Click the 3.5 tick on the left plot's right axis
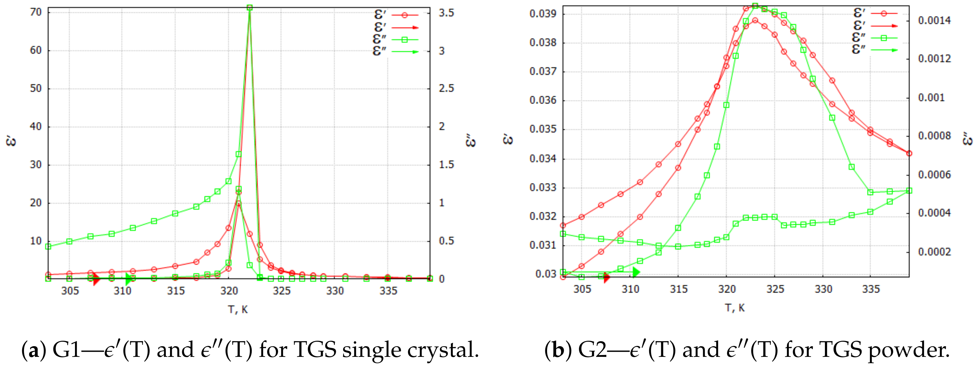click(446, 13)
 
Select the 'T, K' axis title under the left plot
click(238, 309)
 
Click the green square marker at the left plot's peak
click(250, 8)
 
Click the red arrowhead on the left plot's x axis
click(96, 280)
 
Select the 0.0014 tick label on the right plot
click(934, 20)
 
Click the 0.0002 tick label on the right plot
click(934, 252)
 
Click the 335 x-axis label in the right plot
click(871, 289)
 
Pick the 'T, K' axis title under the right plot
click(735, 308)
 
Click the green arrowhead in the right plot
click(636, 272)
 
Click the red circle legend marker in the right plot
click(884, 13)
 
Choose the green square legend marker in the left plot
click(405, 40)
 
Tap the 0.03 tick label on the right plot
click(545, 274)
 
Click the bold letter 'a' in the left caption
click(34, 350)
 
